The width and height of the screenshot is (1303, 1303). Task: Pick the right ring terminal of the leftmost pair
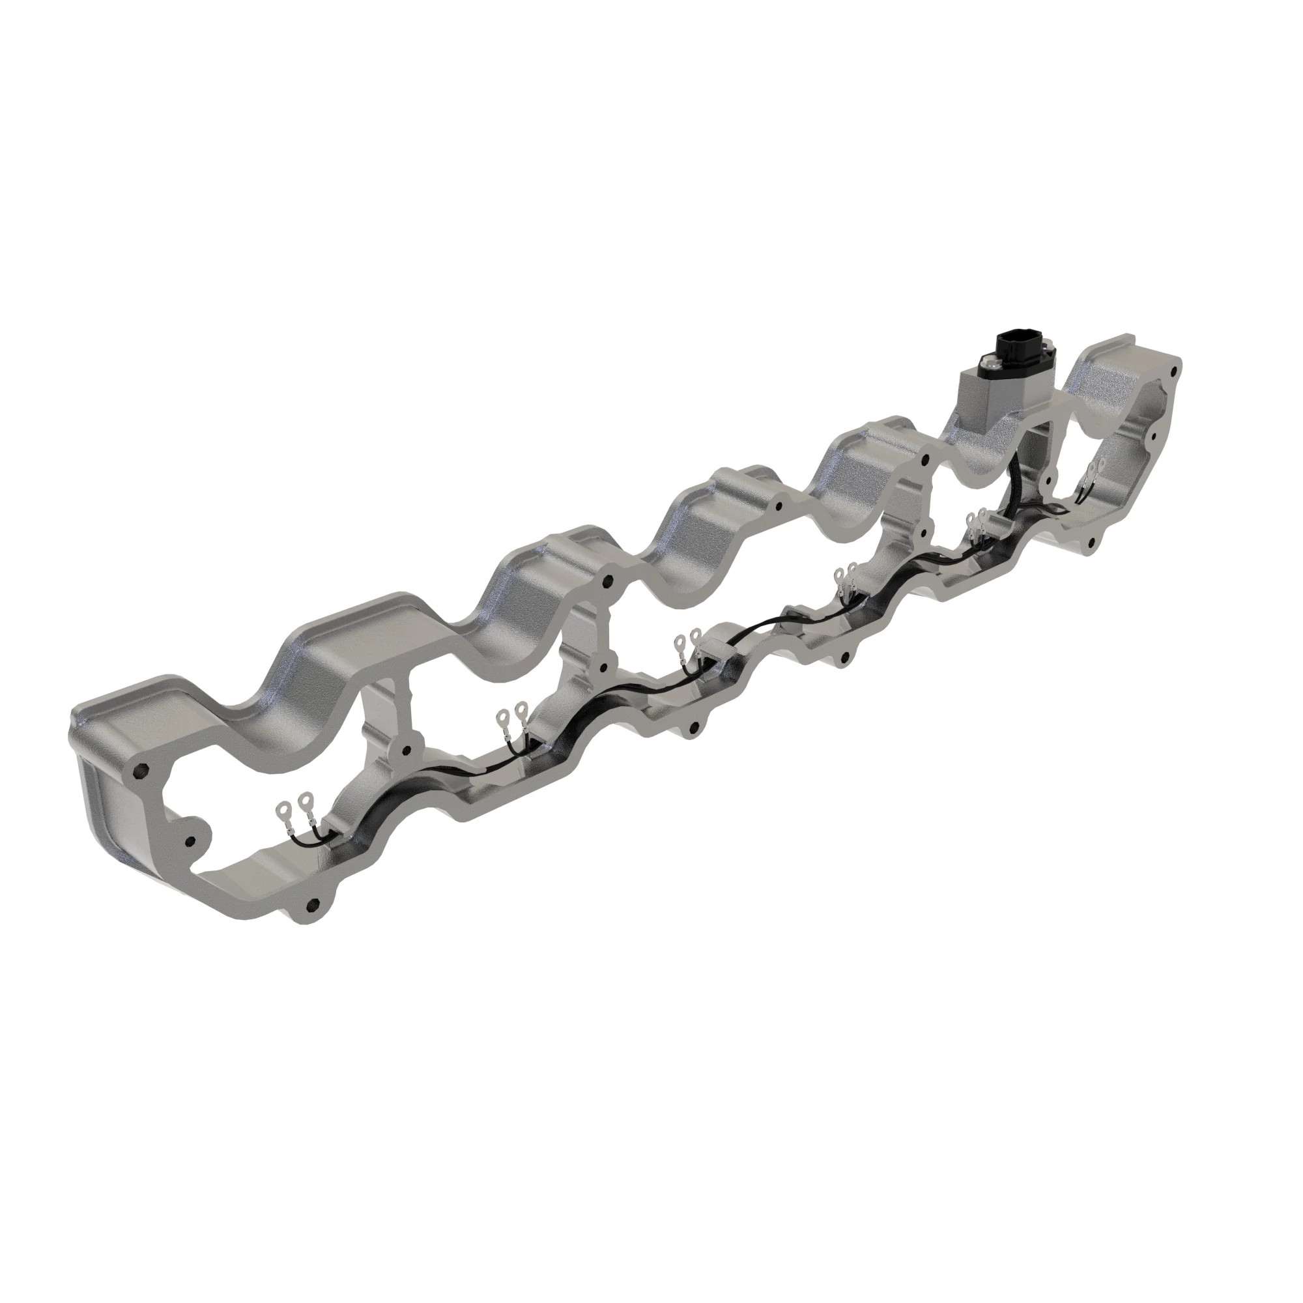coord(307,801)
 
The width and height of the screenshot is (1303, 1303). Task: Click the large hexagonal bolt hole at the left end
coord(141,770)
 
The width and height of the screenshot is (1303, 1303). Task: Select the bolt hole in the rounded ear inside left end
coord(189,841)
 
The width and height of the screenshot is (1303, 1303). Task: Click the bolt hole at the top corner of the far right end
coord(1175,370)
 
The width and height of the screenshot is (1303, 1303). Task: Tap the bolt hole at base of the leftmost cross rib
coord(405,750)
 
